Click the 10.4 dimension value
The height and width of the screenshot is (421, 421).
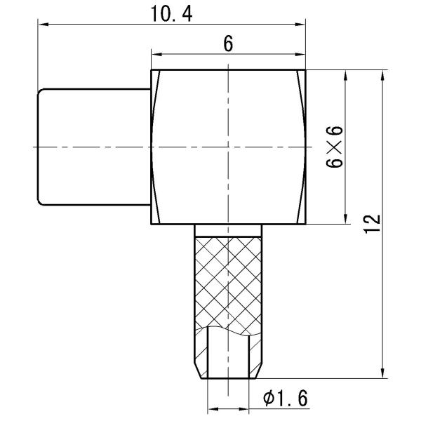click(172, 14)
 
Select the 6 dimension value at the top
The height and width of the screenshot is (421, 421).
click(228, 44)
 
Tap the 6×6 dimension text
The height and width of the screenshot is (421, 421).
click(334, 147)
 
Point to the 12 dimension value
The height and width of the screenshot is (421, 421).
click(372, 224)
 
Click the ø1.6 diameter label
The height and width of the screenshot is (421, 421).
click(285, 399)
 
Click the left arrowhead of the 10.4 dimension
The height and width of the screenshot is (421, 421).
click(44, 24)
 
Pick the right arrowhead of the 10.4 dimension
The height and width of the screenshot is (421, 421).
click(300, 24)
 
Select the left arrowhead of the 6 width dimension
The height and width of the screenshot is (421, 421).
click(156, 55)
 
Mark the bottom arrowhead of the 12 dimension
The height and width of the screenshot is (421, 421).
click(382, 373)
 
